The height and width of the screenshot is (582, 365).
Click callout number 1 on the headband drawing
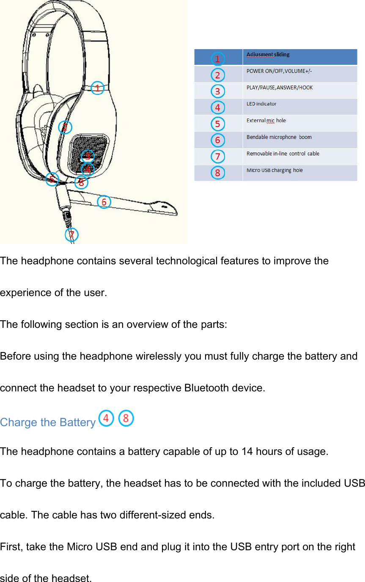97,88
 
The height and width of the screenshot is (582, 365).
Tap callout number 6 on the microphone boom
104,202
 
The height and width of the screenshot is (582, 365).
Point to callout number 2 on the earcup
65,127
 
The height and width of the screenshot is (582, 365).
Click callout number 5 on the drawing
52,179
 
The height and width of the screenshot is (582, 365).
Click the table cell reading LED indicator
261,104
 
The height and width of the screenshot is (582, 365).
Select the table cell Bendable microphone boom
279,137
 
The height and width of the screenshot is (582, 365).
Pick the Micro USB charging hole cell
274,170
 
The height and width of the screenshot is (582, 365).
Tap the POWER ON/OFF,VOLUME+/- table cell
280,71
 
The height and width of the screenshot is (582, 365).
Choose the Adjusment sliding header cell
268,55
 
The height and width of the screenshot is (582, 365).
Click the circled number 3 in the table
217,91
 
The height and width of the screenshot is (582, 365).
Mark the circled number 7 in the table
217,157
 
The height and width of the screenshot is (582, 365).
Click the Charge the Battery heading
48,422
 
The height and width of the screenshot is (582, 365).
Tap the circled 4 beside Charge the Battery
106,418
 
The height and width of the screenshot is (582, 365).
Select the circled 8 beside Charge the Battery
126,418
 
